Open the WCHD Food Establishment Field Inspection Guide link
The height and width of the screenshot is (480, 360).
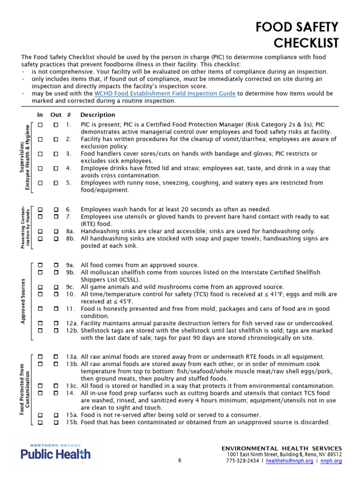click(165, 94)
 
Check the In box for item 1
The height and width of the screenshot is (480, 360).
click(40, 125)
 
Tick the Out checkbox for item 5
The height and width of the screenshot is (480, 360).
click(56, 183)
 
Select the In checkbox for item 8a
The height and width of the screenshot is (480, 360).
click(40, 231)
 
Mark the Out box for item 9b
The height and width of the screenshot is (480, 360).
click(56, 272)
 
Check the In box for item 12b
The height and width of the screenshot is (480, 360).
click(40, 330)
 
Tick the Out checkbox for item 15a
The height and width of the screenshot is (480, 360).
click(56, 415)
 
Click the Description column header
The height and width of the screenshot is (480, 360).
click(97, 115)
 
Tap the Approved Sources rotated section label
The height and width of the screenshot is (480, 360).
click(22, 301)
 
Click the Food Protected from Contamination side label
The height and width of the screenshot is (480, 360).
click(25, 390)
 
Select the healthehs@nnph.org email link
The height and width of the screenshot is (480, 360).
click(289, 461)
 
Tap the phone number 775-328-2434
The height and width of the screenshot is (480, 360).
click(242, 461)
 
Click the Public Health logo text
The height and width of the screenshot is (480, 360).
click(55, 453)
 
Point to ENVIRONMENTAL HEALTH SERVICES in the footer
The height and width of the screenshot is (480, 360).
click(282, 449)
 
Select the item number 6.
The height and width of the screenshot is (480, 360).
click(68, 210)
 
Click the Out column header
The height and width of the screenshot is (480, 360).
click(56, 115)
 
